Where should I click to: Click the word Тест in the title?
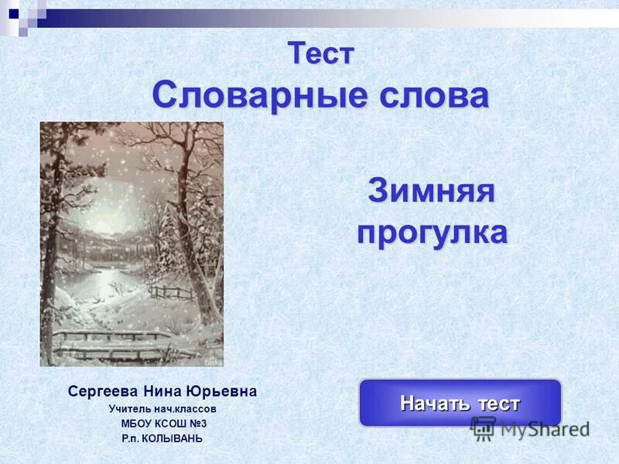pyautogui.click(x=321, y=53)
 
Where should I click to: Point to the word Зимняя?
pyautogui.click(x=431, y=191)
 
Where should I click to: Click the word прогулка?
pyautogui.click(x=432, y=232)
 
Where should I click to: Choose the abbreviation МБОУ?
pyautogui.click(x=135, y=423)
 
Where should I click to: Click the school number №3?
pyautogui.click(x=197, y=423)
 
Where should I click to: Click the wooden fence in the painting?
pyautogui.click(x=172, y=293)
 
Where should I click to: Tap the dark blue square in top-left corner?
pyautogui.click(x=14, y=13)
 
